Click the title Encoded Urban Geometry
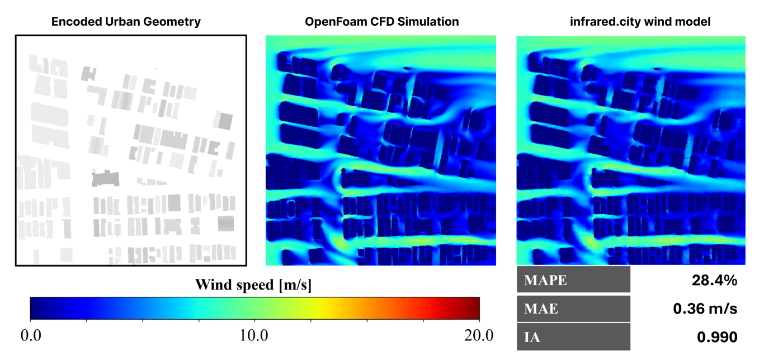coord(126,22)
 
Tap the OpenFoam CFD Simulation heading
coord(382,22)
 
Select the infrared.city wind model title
coord(630,22)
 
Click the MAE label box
coord(573,309)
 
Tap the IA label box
coord(573,337)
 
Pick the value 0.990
coord(716,337)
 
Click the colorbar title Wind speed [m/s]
coord(253,285)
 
